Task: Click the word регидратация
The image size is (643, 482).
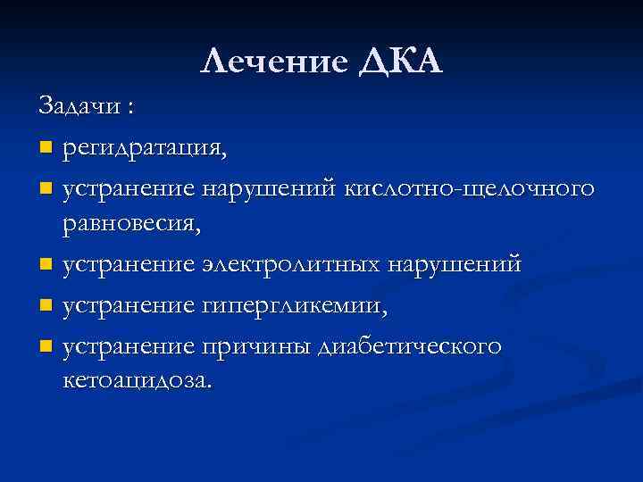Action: point(144,147)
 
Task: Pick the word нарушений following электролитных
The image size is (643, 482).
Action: point(465,265)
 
